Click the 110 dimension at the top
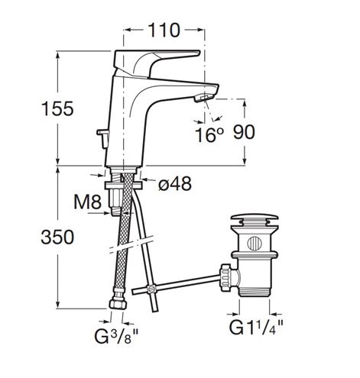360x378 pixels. [164, 31]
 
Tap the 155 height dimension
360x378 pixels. [57, 108]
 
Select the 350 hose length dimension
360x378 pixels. [57, 237]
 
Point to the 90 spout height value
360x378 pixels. [244, 132]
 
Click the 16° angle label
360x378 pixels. [209, 134]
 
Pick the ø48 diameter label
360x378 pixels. [175, 184]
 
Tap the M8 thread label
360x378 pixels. [88, 202]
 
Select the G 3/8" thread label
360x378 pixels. [116, 336]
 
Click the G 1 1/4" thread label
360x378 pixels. [256, 328]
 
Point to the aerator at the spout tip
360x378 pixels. [203, 98]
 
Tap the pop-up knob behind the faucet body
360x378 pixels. [103, 138]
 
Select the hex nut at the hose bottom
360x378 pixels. [118, 304]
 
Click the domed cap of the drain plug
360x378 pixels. [254, 218]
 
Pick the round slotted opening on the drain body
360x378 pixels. [255, 243]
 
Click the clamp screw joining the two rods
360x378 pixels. [152, 289]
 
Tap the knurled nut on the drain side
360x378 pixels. [226, 277]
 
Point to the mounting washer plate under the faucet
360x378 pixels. [123, 185]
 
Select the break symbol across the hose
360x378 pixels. [131, 245]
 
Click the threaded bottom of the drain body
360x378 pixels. [255, 292]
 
